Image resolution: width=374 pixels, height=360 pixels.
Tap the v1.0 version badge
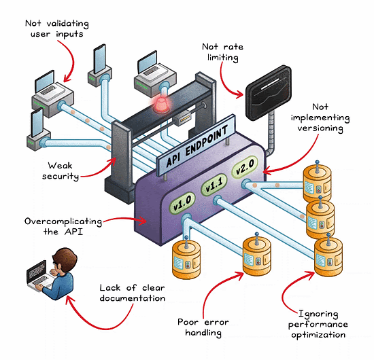coord(182,203)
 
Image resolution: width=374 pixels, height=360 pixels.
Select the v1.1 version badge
coord(214,185)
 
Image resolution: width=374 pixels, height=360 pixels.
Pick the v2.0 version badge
coord(245,167)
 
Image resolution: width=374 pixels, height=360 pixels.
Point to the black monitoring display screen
coord(269,93)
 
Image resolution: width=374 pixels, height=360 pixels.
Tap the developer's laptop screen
coord(37,270)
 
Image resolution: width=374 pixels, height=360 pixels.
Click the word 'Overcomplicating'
coord(63,222)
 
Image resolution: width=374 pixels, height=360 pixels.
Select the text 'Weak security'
coord(60,171)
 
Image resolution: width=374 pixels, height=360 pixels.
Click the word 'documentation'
coord(133,298)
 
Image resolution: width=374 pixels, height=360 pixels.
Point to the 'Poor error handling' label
coord(203,327)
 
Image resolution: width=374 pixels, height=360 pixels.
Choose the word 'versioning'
coord(320,128)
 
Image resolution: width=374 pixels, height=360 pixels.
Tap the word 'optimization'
coord(318,335)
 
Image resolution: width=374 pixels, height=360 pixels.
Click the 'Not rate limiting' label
coord(222,52)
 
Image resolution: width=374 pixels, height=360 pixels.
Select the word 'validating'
coord(67,24)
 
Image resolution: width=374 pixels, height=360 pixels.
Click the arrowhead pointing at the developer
coord(69,300)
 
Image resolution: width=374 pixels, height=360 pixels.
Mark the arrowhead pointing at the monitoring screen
coord(239,94)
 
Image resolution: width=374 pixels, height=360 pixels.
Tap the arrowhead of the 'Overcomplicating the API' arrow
coord(143,221)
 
